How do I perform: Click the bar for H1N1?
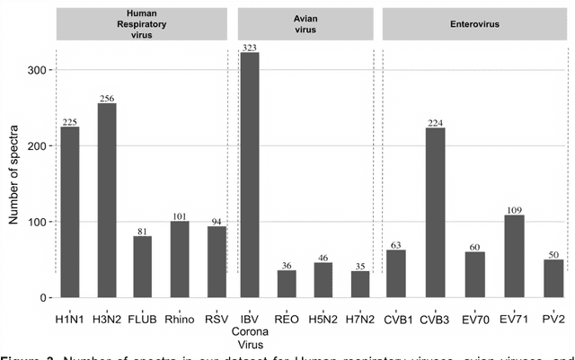click(69, 212)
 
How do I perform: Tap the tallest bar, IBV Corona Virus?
click(250, 175)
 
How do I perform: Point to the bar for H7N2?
click(360, 284)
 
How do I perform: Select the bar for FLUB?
click(143, 267)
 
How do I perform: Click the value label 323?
click(250, 46)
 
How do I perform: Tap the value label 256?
click(106, 97)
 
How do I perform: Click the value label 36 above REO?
click(287, 264)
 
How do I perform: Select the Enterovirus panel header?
click(473, 22)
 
